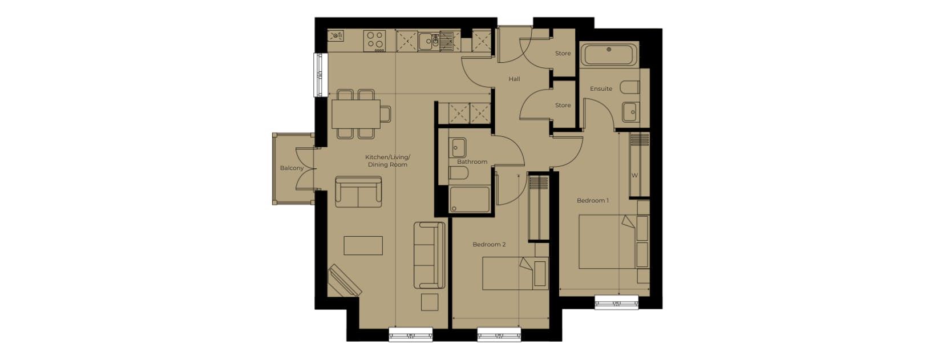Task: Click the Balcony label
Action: coord(292,168)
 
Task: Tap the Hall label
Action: coord(514,79)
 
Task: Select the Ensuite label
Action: coord(601,89)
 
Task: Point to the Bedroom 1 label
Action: coord(592,201)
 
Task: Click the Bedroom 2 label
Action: coord(489,244)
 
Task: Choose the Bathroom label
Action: coord(472,162)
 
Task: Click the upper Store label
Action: coord(563,54)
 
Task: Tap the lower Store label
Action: coord(563,106)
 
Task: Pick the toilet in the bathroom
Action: coord(458,173)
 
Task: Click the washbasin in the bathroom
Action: coord(458,148)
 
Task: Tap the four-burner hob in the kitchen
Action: coord(374,41)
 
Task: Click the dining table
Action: coord(356,114)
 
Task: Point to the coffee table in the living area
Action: coord(363,245)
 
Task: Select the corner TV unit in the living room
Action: coord(345,280)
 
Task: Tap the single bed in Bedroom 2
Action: coord(515,273)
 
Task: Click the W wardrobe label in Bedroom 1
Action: coord(634,176)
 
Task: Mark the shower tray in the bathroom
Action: coord(470,199)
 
